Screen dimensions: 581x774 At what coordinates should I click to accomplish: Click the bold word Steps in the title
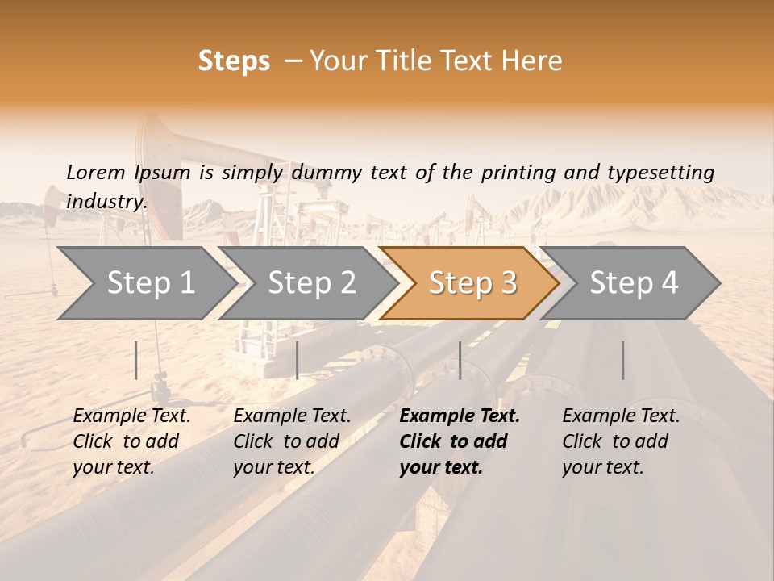click(234, 61)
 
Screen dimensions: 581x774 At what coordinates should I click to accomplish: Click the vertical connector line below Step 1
click(136, 360)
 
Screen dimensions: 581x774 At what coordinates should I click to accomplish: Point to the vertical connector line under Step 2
click(298, 360)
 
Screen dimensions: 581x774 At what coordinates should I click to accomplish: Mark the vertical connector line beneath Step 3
click(460, 360)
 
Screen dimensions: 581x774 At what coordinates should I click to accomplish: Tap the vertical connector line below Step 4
click(622, 360)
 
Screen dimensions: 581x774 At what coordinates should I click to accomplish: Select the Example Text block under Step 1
click(131, 441)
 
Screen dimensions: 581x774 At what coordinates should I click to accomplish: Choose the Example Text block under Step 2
click(292, 441)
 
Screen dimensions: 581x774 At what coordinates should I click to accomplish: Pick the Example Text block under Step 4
click(621, 441)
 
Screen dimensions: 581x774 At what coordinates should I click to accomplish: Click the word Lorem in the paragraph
click(95, 172)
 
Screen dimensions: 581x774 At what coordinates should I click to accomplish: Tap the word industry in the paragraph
click(106, 201)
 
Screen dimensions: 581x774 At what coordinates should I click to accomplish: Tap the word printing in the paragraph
click(516, 173)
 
